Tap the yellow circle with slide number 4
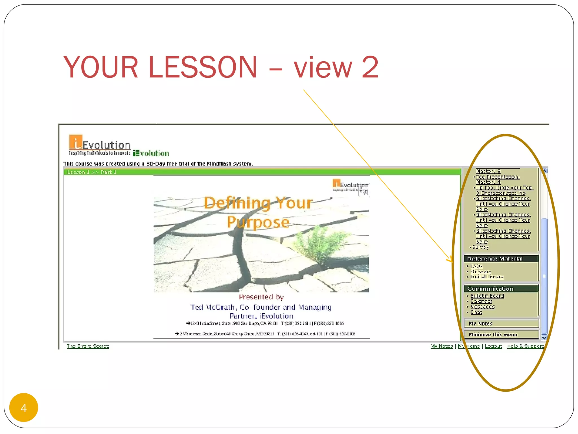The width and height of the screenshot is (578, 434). click(24, 407)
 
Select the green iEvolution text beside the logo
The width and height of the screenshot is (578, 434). click(151, 153)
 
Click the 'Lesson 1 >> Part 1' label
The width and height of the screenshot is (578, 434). click(92, 172)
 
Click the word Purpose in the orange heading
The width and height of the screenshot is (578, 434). click(258, 222)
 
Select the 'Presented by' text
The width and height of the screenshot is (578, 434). click(261, 297)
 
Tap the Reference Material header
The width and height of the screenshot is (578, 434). click(495, 259)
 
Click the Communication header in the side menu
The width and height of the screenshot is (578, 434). click(490, 288)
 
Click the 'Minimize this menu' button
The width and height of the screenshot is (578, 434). click(493, 335)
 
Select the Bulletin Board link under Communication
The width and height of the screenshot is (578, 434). click(487, 296)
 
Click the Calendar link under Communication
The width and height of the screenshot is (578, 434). click(481, 301)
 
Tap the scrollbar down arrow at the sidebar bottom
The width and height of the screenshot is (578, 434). click(544, 338)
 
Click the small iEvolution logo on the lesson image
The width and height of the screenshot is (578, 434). click(350, 185)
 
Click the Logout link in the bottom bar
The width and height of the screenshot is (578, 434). click(494, 346)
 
